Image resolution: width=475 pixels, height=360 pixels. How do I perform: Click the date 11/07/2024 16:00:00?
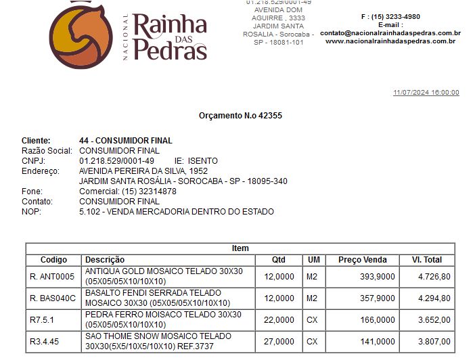pos(426,93)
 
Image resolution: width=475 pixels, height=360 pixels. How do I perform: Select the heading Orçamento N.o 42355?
pos(240,116)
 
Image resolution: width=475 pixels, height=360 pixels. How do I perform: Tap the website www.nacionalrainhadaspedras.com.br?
pos(390,41)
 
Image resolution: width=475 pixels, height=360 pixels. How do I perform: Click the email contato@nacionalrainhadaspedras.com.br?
pos(390,32)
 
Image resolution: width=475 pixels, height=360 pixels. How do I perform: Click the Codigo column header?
pos(54,260)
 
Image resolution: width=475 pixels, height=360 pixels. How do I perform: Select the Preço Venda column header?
pos(363,260)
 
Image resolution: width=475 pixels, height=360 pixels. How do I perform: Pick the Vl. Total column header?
pos(426,260)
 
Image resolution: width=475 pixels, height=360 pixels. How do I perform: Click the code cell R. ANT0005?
pos(51,276)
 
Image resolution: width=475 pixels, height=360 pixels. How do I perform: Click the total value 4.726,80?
pos(434,276)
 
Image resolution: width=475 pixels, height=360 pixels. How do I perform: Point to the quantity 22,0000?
pos(279,319)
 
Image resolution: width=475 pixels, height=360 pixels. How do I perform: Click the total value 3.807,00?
pos(434,342)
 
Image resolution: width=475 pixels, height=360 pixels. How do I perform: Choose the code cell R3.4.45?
pos(45,342)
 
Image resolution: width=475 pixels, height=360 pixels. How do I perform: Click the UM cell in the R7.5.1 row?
pos(312,319)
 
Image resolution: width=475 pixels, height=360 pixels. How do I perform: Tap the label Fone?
pos(32,192)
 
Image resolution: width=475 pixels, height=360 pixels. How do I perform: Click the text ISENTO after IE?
pos(203,161)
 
